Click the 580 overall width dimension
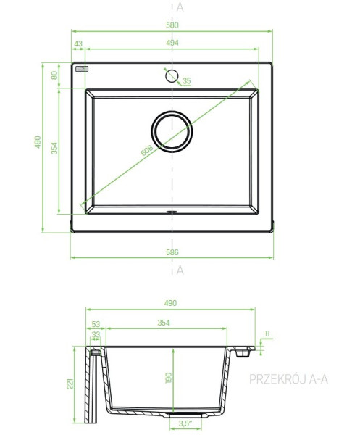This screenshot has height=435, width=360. click(172, 25)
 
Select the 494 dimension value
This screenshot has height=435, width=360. click(172, 43)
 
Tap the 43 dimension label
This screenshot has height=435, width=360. click(78, 43)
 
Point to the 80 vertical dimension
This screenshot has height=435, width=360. click(54, 75)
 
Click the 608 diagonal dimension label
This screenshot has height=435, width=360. click(147, 150)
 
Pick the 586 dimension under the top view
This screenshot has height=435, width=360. click(172, 252)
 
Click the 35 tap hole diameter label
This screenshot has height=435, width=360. click(187, 80)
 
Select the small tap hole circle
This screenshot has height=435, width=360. click(172, 76)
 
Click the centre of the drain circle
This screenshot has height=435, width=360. click(172, 131)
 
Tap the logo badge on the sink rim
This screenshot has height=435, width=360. click(82, 69)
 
